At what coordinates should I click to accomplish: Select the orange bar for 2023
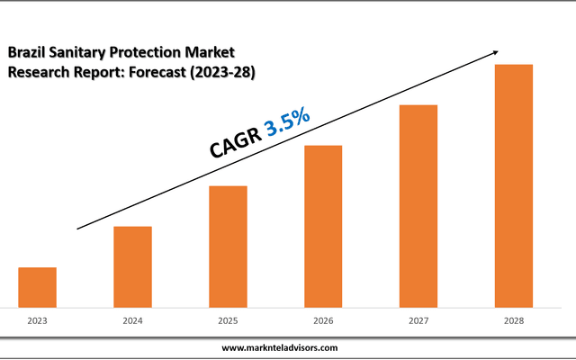tap(38, 287)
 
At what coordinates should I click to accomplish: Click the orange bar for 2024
tap(132, 266)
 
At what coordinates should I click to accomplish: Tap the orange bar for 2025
tap(228, 246)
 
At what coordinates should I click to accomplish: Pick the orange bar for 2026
tap(323, 226)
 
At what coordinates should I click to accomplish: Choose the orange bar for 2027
tap(418, 205)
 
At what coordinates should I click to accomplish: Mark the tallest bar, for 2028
tap(514, 185)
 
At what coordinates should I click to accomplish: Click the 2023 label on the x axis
tap(38, 320)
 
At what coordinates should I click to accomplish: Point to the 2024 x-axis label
tap(132, 320)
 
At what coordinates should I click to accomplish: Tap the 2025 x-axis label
tap(228, 320)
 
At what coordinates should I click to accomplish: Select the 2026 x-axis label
tap(323, 320)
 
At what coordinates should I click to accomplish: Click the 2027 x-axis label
tap(418, 320)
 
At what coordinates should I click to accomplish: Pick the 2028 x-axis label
tap(514, 320)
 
